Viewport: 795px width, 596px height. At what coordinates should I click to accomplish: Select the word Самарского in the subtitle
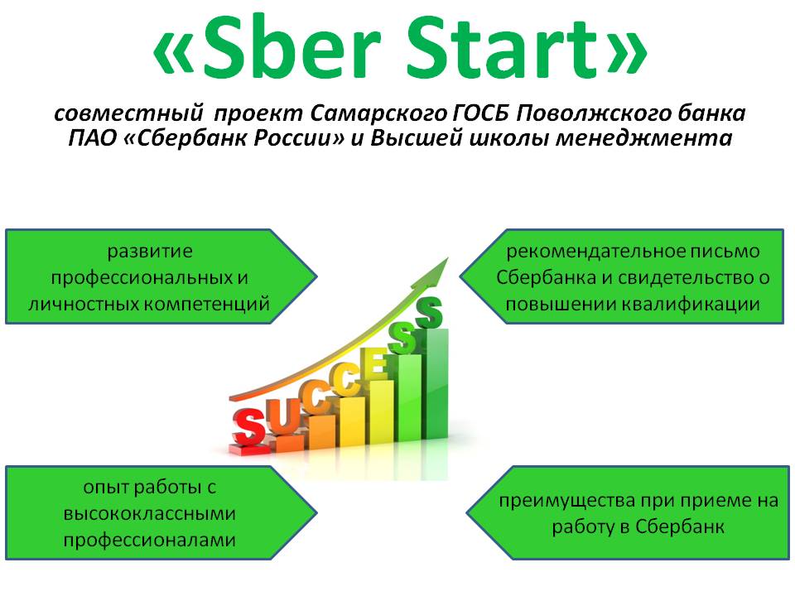click(378, 114)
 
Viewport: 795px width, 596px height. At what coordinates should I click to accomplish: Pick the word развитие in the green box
click(150, 252)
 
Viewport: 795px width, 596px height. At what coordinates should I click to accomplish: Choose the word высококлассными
click(150, 513)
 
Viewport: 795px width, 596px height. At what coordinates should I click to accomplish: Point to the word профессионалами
click(150, 541)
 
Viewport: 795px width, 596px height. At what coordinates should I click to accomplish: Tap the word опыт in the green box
click(104, 488)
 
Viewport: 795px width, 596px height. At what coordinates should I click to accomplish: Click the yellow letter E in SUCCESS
click(378, 365)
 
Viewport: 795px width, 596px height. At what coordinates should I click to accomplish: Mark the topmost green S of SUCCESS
click(430, 312)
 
